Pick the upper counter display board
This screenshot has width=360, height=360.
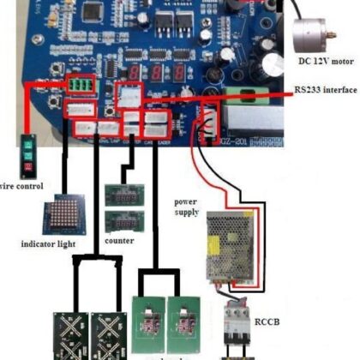point(121,195)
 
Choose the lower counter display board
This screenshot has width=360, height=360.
point(121,222)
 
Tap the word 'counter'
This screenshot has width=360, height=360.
point(120,242)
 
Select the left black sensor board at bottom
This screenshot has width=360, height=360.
point(72,330)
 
